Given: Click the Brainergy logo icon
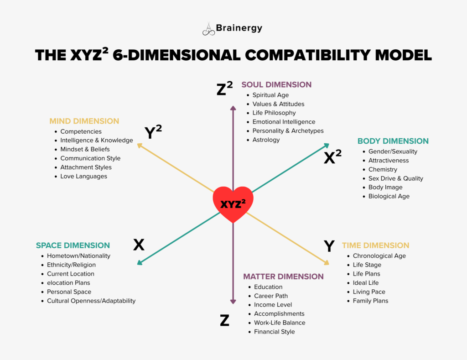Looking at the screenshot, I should click(208, 29).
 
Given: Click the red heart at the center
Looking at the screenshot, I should click(233, 203).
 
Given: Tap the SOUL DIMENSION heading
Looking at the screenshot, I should click(276, 84).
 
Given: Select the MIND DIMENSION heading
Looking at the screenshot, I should click(84, 121).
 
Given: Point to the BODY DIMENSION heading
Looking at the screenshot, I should click(393, 141).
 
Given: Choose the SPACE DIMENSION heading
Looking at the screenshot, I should click(73, 245).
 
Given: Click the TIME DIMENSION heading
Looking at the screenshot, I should click(376, 245).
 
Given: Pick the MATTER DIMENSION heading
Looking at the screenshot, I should click(283, 277).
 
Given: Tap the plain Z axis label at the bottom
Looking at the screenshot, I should click(224, 321).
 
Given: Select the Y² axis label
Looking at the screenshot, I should click(153, 132).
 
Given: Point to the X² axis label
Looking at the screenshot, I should click(332, 157).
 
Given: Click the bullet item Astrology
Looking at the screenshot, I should click(266, 140).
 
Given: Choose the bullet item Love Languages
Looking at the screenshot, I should click(83, 176).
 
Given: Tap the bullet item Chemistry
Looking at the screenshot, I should click(383, 169).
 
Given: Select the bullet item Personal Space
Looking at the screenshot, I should click(69, 292).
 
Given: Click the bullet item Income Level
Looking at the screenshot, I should click(273, 305).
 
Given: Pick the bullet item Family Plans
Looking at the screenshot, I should click(370, 301).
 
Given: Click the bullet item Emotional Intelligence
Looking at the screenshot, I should click(284, 122).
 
